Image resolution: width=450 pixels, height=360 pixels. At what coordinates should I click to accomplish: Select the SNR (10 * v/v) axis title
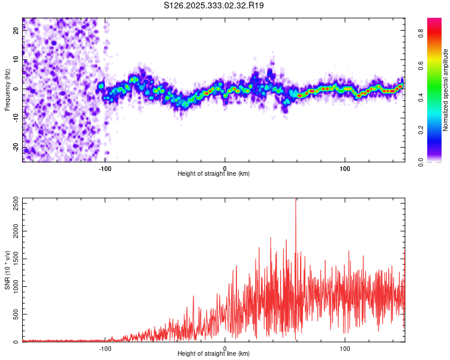tap(7, 270)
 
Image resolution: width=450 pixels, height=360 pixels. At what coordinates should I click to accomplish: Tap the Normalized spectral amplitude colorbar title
tap(446, 90)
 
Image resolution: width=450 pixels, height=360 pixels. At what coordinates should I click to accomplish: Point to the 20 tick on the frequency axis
tap(16, 31)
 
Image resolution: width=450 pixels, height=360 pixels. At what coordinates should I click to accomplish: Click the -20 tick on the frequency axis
tap(16, 147)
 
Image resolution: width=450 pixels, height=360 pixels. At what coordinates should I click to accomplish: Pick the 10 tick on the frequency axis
tap(16, 60)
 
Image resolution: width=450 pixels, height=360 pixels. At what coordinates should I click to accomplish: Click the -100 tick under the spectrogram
tap(105, 167)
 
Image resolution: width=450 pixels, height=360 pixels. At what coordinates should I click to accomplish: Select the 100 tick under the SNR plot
tap(345, 347)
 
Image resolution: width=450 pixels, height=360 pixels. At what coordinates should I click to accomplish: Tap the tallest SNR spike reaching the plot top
tap(296, 201)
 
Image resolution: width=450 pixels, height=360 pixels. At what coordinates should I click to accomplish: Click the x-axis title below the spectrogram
tap(214, 173)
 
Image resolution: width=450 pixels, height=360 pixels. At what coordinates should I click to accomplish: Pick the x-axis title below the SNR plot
tap(214, 353)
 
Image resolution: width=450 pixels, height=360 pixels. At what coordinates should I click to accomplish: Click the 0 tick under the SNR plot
tap(225, 347)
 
